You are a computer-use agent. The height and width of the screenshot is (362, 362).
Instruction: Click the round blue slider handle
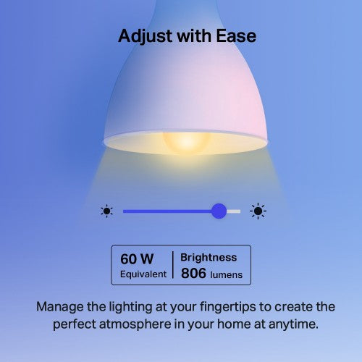[x=219, y=211]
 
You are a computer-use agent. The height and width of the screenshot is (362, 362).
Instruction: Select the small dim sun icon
[x=107, y=211]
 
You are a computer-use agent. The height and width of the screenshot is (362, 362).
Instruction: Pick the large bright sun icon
[x=258, y=211]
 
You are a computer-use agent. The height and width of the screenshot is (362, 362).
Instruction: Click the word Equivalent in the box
[x=143, y=274]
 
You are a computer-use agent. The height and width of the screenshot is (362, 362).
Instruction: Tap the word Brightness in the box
[x=209, y=257]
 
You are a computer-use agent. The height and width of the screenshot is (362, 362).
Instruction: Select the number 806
[x=194, y=274]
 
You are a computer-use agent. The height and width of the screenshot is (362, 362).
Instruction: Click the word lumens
[x=227, y=275]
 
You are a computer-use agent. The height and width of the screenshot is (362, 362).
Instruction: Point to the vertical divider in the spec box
[x=172, y=266]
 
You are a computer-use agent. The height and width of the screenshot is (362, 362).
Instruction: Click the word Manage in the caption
[x=61, y=306]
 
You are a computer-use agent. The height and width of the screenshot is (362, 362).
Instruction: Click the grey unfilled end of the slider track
[x=234, y=211]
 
